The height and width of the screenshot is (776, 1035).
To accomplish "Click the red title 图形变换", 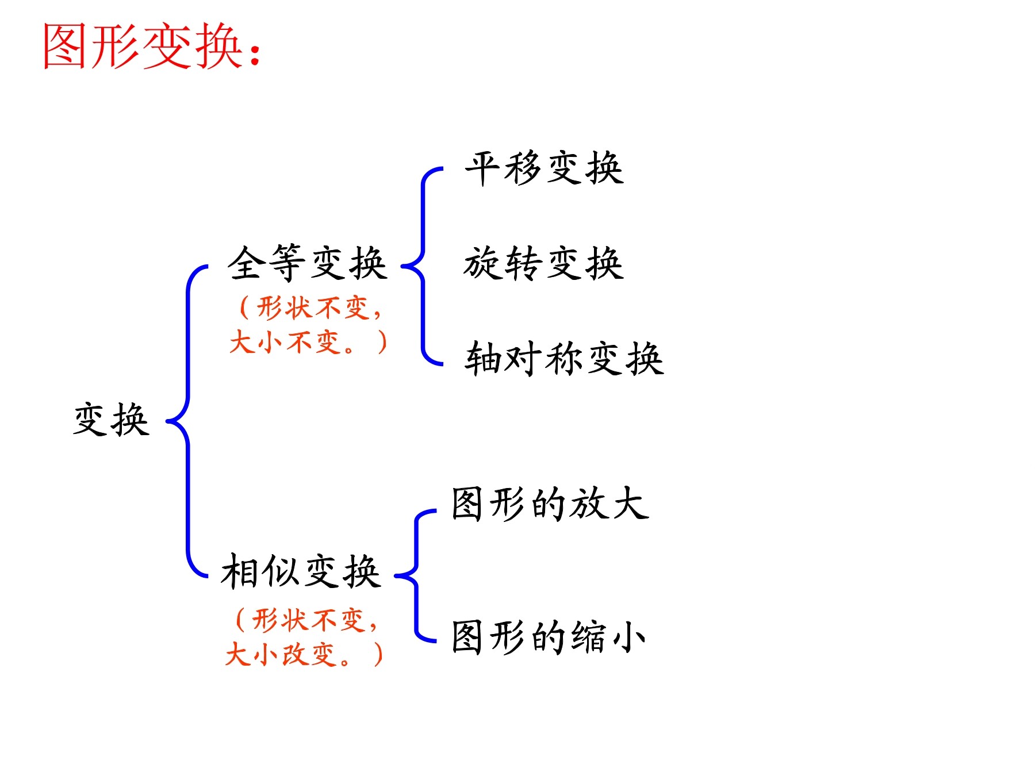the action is coord(143,47).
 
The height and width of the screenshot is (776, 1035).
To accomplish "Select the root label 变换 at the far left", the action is coord(112,419).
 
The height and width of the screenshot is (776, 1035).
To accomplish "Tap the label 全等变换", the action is coord(307,263).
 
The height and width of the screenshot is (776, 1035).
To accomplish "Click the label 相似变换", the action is coord(301,571).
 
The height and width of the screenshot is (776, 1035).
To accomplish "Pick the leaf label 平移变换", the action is coord(544,168).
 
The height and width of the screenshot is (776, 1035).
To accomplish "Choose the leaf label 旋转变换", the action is coord(544,263).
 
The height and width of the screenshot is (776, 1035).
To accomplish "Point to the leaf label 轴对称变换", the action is coord(564,358).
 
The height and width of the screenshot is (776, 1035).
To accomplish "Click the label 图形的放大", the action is coord(550,504).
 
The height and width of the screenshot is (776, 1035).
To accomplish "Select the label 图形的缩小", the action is coord(549,637).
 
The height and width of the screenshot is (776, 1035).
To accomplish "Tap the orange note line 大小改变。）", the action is coord(304,654).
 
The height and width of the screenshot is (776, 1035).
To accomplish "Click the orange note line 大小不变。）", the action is coord(308,342).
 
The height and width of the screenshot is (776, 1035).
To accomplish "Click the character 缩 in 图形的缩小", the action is coord(588,637).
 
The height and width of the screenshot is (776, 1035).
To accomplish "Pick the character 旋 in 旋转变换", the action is coord(483,263).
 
